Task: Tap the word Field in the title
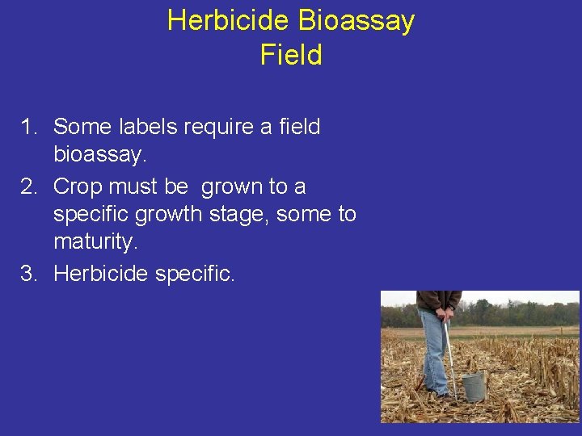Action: tap(291, 55)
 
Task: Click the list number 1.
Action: tap(29, 127)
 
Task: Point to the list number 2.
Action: tap(29, 187)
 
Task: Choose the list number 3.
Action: tap(29, 274)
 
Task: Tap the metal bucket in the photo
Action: tap(473, 385)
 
